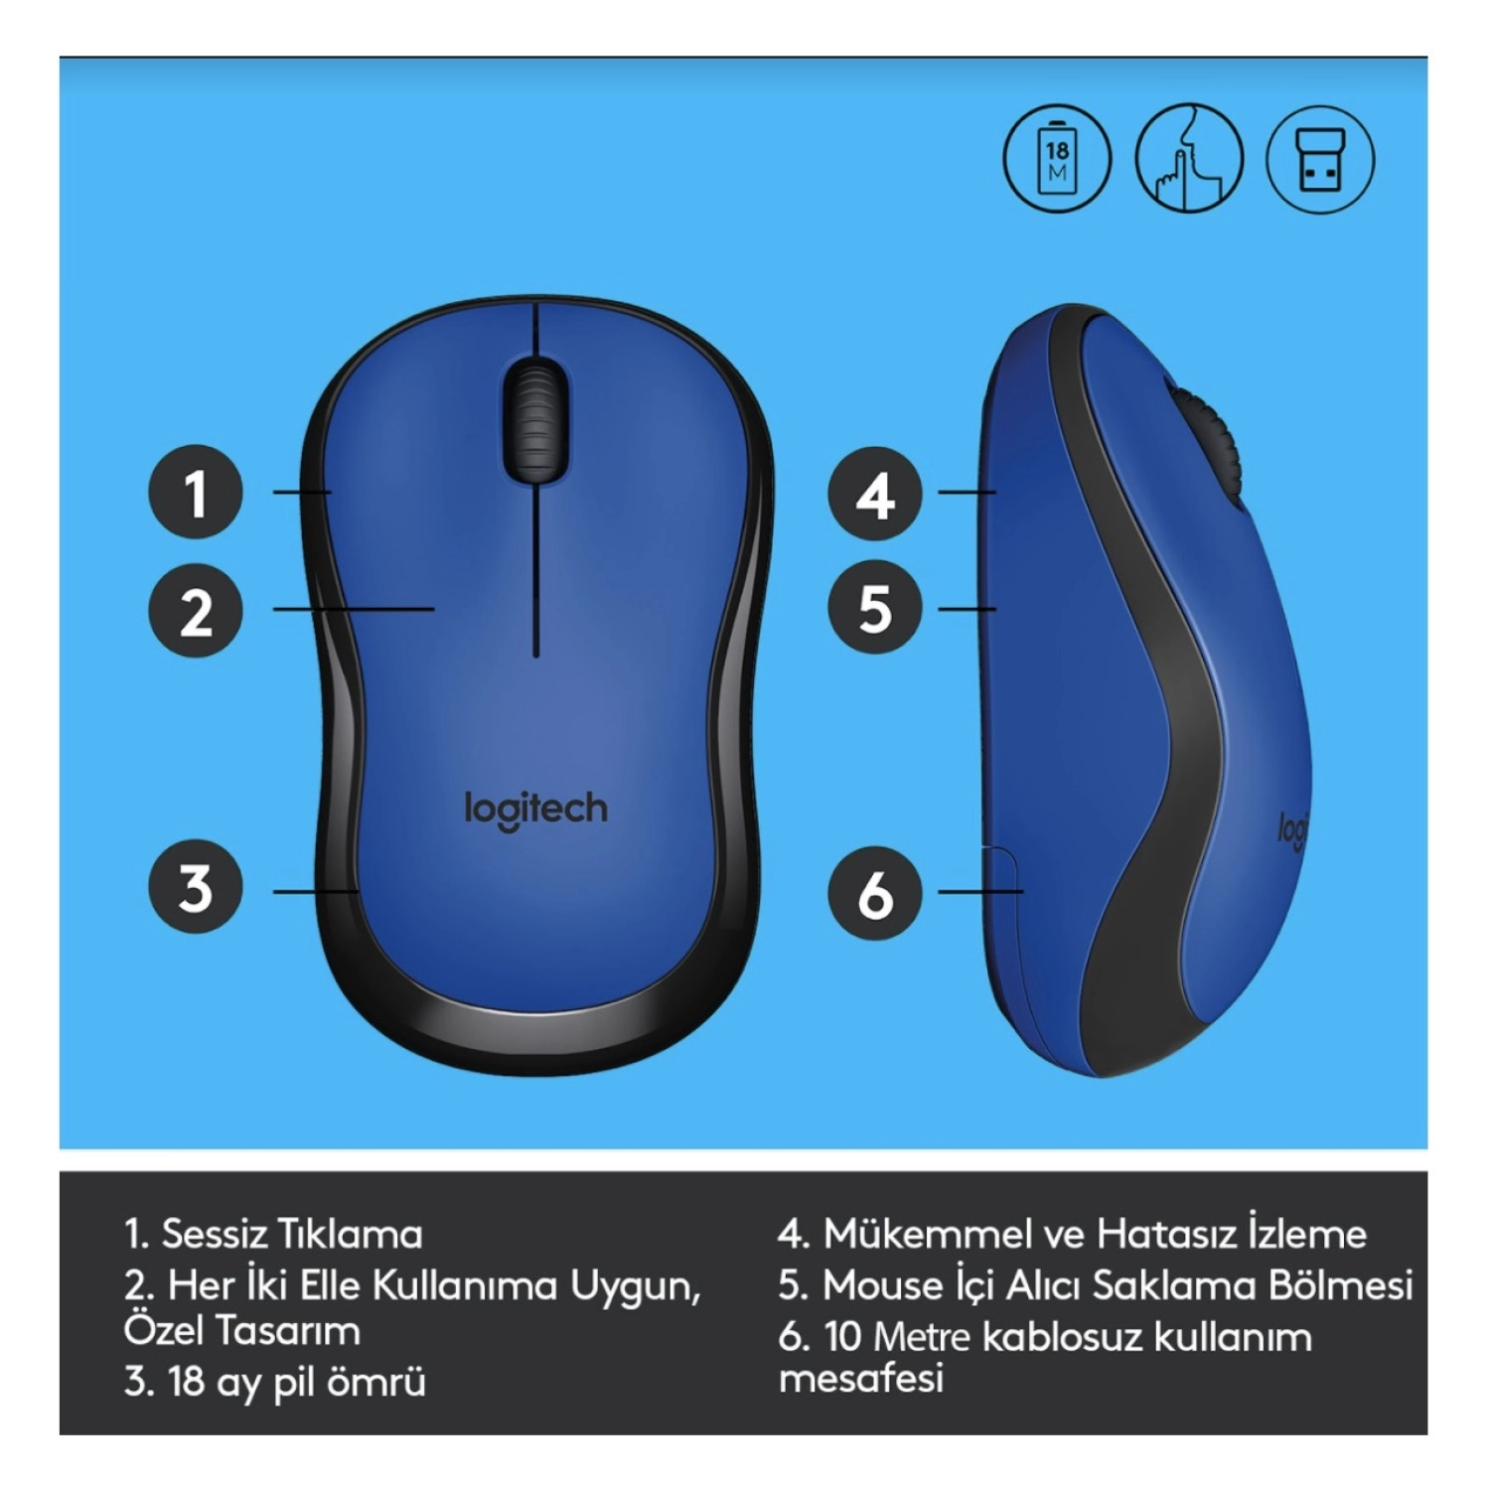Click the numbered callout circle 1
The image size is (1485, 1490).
[x=196, y=492]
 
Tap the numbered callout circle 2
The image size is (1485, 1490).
[x=196, y=610]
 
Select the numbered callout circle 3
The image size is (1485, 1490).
[x=196, y=887]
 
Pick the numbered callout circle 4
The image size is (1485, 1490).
[x=875, y=495]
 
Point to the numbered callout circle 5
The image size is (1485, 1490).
[x=875, y=607]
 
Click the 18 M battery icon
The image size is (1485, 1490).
[x=1057, y=159]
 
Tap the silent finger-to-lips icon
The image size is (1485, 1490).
[x=1189, y=159]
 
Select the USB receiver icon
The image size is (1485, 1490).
[x=1321, y=159]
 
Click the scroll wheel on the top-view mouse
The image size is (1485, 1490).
[x=535, y=421]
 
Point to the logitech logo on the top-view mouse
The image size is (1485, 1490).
[x=535, y=811]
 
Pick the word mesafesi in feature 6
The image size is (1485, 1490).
[x=860, y=1379]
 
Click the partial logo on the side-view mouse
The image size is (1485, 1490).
[x=1291, y=828]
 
